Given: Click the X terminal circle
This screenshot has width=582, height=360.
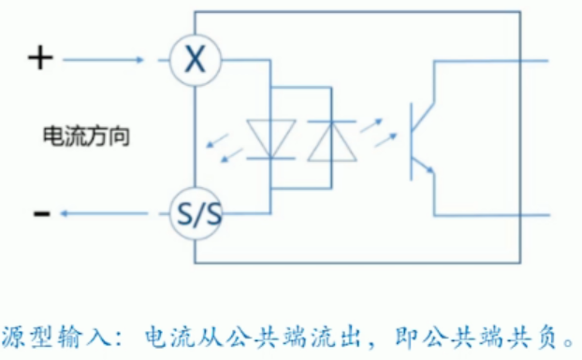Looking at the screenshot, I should [x=195, y=61].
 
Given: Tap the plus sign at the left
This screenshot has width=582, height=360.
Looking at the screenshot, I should [x=39, y=59].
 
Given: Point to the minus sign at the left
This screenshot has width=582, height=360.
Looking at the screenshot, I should [x=40, y=214].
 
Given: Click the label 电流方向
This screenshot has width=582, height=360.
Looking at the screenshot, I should [x=85, y=137].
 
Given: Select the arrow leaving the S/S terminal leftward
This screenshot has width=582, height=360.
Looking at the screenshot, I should [x=103, y=214].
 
